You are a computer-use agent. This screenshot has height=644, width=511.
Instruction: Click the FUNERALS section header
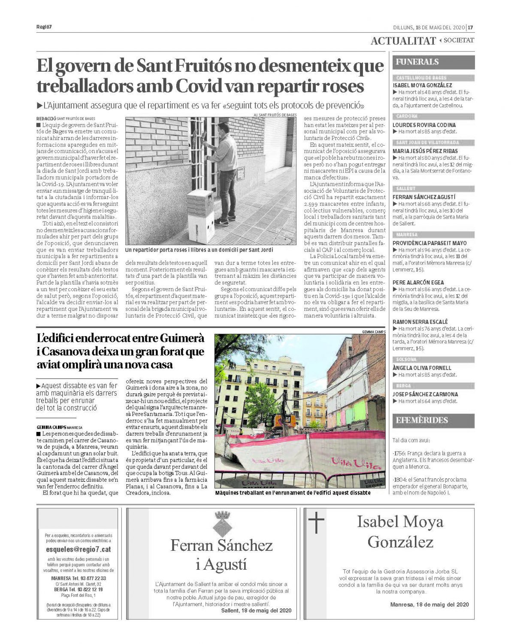point(417,62)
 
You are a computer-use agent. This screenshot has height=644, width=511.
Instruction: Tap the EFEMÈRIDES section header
point(421,420)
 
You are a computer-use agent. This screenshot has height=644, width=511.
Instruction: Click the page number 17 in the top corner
point(471,27)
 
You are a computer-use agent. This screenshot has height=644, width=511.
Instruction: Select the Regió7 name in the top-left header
point(44,27)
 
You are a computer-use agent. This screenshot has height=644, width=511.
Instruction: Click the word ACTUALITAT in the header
point(403,41)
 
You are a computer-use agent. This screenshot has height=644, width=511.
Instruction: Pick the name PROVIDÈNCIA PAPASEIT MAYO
point(429,243)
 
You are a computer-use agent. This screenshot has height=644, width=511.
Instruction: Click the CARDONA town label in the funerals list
point(406,116)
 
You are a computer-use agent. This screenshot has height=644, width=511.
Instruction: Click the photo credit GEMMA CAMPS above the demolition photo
point(373,331)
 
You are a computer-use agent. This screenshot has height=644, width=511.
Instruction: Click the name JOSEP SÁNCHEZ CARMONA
point(425,394)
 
